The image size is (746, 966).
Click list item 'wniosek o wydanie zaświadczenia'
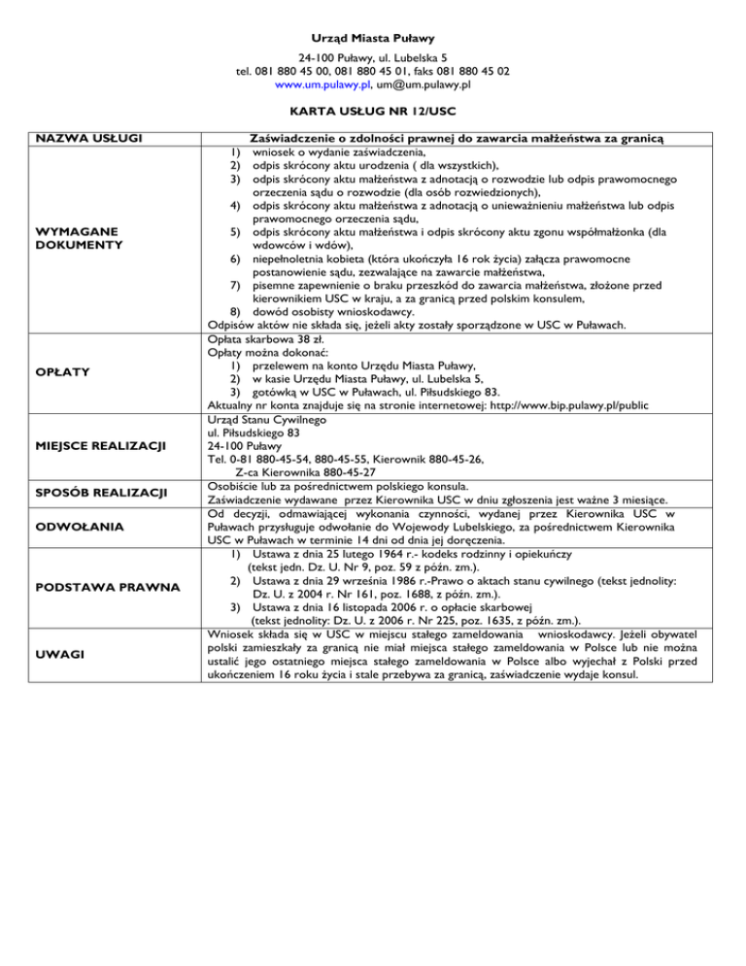click(337, 153)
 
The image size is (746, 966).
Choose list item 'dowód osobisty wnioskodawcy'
click(329, 312)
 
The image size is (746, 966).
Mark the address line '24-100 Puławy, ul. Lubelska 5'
click(373, 56)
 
